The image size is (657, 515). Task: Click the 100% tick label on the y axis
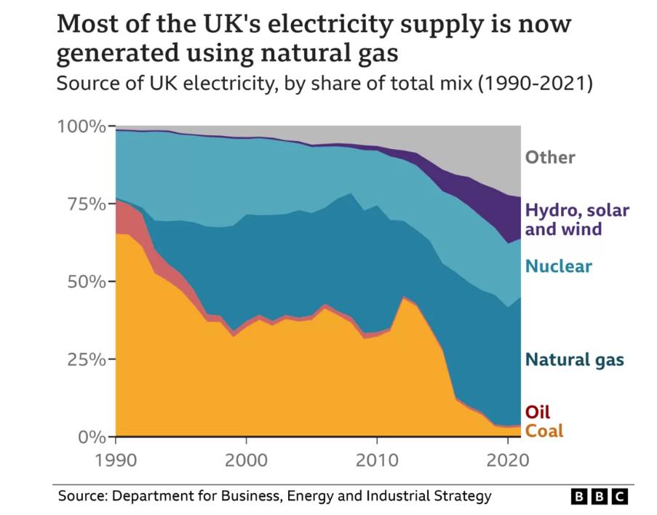81,127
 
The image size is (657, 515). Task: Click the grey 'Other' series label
550,157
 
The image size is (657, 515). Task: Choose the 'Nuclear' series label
559,266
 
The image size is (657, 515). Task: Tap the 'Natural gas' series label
575,359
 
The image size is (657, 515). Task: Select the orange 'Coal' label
544,431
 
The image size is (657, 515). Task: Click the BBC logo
599,497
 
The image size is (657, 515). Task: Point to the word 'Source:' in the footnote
81,497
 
